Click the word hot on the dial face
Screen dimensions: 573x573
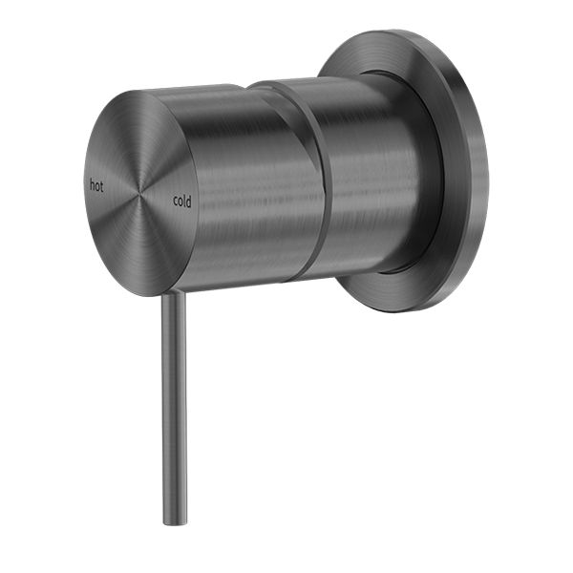(x=96, y=185)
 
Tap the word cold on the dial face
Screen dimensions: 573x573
(x=182, y=201)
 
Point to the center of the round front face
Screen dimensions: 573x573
(x=140, y=192)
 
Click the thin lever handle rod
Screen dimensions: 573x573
(x=173, y=411)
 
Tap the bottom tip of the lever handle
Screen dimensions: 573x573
(x=174, y=521)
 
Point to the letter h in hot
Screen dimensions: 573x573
(x=92, y=185)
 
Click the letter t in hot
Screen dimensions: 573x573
(x=102, y=185)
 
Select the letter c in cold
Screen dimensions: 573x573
(x=176, y=202)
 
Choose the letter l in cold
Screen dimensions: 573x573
(x=185, y=201)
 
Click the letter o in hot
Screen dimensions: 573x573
(x=97, y=185)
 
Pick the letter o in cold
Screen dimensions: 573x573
(x=180, y=202)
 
